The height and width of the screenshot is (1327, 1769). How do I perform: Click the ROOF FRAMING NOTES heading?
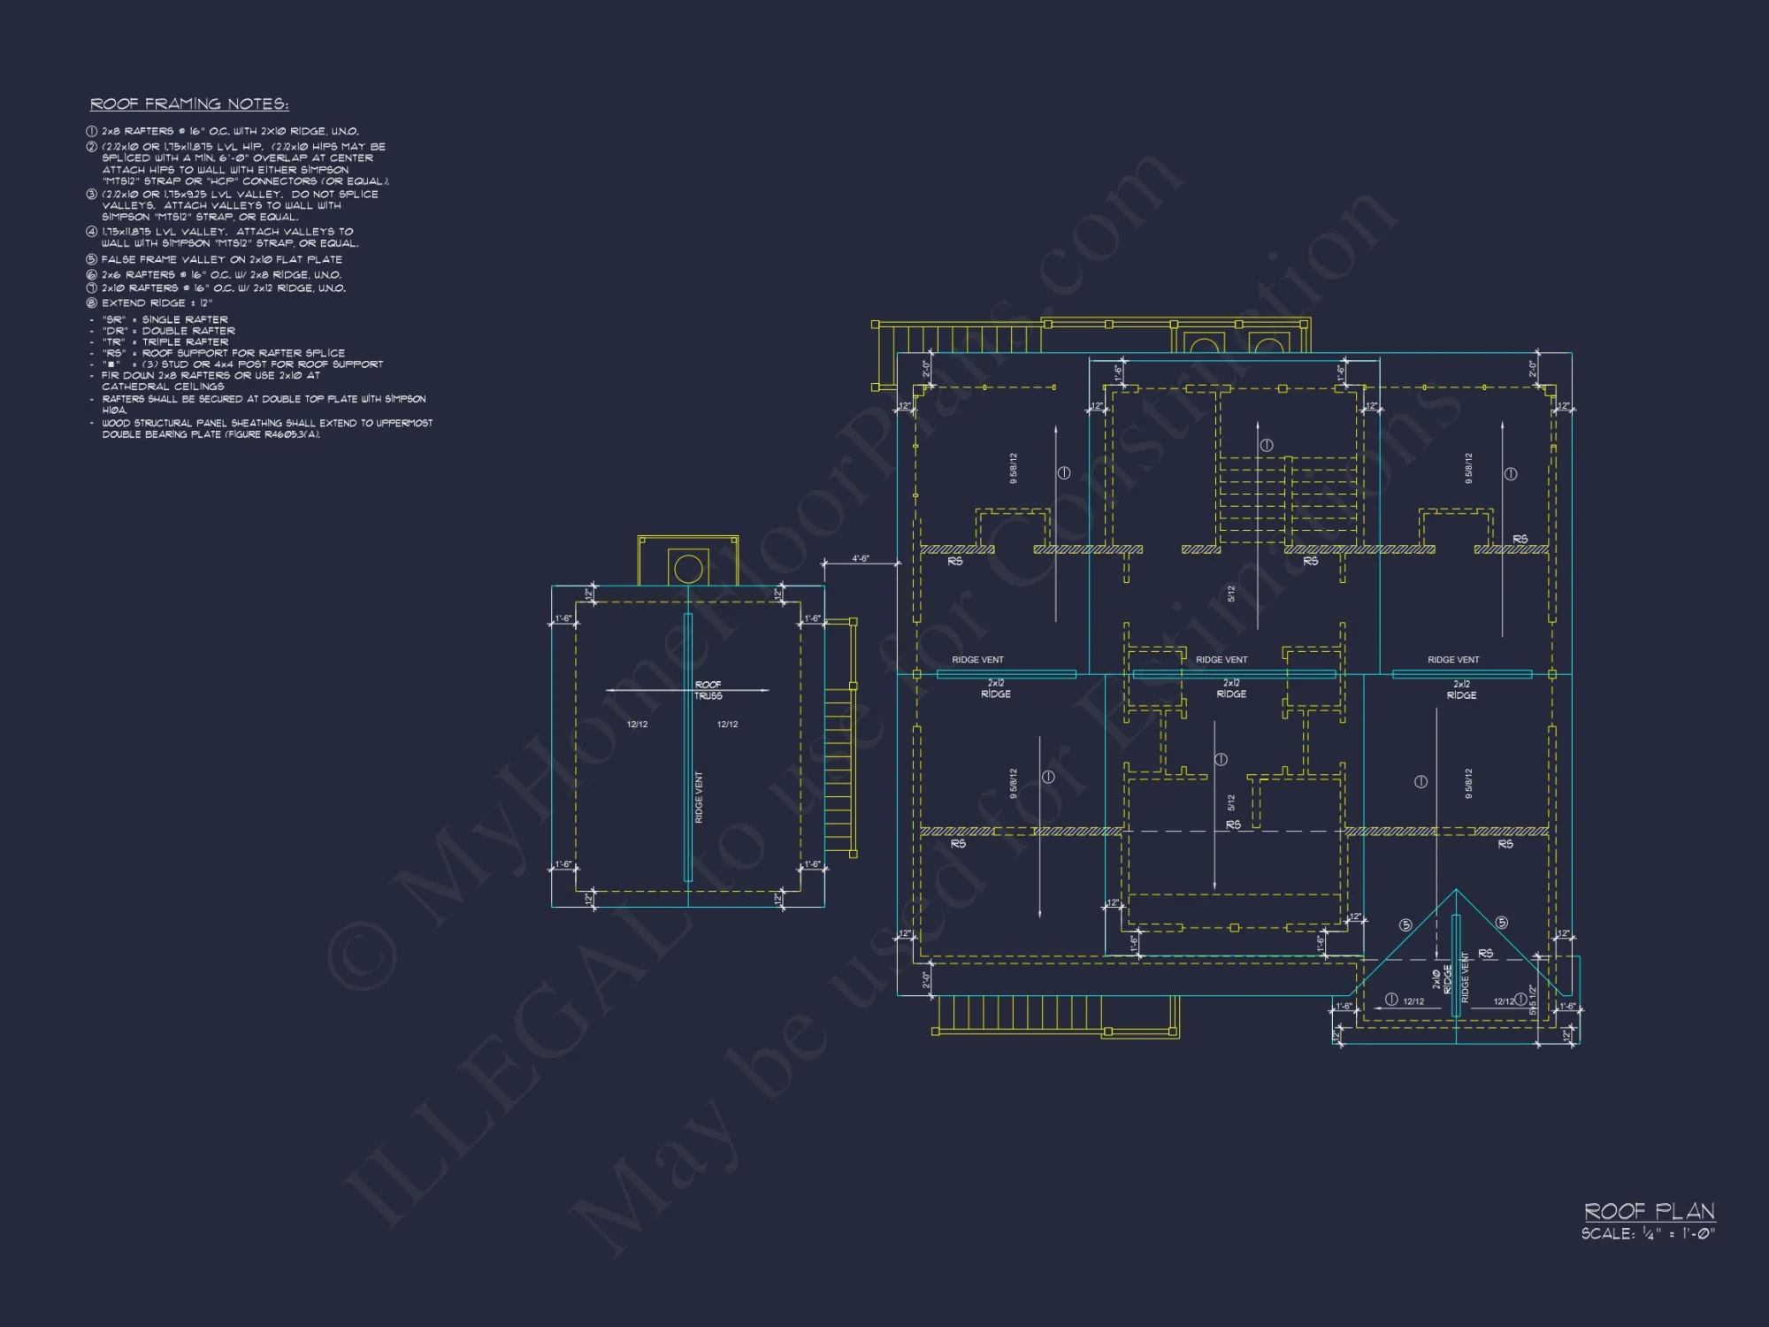(189, 104)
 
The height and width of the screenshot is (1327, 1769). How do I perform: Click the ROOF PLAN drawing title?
(1649, 1211)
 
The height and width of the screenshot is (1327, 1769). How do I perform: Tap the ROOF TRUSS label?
(708, 690)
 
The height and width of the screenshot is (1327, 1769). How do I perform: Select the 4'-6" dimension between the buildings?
(860, 559)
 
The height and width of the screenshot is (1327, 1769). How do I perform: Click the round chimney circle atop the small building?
(688, 569)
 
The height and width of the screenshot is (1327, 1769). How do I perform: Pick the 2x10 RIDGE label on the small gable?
(1442, 978)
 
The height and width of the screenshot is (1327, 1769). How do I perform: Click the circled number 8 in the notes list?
(91, 303)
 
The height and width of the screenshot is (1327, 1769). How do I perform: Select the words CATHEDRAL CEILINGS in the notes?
(163, 387)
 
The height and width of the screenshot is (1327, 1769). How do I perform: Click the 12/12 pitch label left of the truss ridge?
(637, 725)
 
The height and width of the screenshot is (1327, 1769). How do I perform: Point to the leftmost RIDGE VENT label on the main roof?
(977, 660)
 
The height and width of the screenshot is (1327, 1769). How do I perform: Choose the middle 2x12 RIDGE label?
(1231, 688)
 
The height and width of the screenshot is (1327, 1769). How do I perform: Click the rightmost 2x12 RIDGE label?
(1461, 689)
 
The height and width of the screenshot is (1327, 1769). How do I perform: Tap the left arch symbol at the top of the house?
(1203, 344)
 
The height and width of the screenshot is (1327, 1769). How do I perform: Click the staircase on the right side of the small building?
(839, 770)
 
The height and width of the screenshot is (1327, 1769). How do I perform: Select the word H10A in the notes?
(114, 410)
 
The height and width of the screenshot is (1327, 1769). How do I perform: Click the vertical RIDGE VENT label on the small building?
(699, 797)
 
